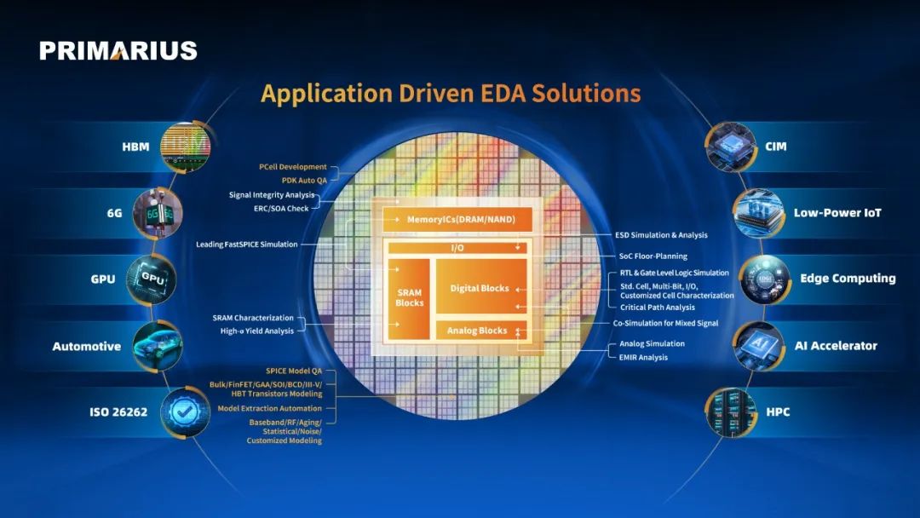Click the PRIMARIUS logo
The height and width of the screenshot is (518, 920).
coord(118,50)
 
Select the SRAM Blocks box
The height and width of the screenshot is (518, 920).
coord(409,298)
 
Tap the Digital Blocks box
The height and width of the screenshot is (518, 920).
coord(480,287)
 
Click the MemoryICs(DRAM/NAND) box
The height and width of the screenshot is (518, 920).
coord(457,220)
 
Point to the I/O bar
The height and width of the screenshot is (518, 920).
coord(457,248)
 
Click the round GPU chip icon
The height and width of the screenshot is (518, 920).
coord(152,279)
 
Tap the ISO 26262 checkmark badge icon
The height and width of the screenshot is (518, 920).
coord(185,412)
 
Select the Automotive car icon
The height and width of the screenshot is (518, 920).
coord(157,346)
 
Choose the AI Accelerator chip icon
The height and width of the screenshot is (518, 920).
coord(759,346)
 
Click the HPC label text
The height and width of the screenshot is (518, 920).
coord(778,412)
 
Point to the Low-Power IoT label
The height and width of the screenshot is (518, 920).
coord(837,213)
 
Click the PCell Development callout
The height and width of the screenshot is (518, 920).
coord(293,167)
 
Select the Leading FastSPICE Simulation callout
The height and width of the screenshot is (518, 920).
coord(247,244)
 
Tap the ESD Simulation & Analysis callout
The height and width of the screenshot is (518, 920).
coord(661,234)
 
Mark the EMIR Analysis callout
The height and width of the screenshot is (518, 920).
coord(643,357)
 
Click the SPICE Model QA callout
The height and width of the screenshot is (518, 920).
coord(294,371)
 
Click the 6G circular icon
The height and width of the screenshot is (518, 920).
coord(158,213)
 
